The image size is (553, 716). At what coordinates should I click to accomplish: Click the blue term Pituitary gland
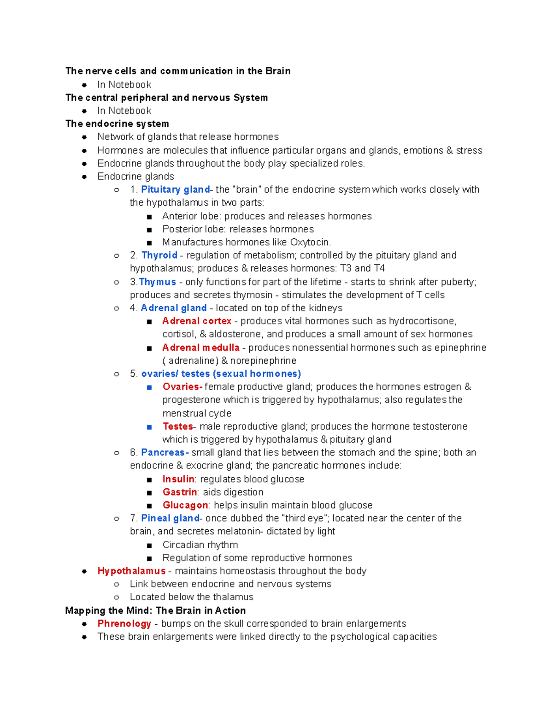(175, 189)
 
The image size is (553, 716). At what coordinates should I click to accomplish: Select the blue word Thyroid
(159, 255)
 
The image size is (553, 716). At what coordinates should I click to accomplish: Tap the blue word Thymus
(158, 282)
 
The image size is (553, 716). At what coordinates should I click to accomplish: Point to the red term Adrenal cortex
(197, 321)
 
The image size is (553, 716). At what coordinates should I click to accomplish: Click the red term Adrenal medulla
(201, 348)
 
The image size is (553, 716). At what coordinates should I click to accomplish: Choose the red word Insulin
(178, 479)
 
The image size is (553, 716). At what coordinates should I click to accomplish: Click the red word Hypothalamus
(131, 571)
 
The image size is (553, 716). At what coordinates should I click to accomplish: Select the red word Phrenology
(124, 623)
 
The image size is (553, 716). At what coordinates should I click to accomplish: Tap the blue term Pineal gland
(170, 518)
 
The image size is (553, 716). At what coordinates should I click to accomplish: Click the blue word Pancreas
(163, 452)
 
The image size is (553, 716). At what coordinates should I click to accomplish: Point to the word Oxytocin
(310, 243)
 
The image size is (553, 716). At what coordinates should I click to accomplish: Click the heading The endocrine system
(117, 124)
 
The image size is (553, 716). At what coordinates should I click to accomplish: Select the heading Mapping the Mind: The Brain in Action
(155, 610)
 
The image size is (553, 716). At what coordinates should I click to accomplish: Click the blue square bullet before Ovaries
(149, 387)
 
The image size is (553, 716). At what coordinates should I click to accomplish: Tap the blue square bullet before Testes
(149, 427)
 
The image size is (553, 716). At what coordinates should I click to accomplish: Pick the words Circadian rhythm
(200, 545)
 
